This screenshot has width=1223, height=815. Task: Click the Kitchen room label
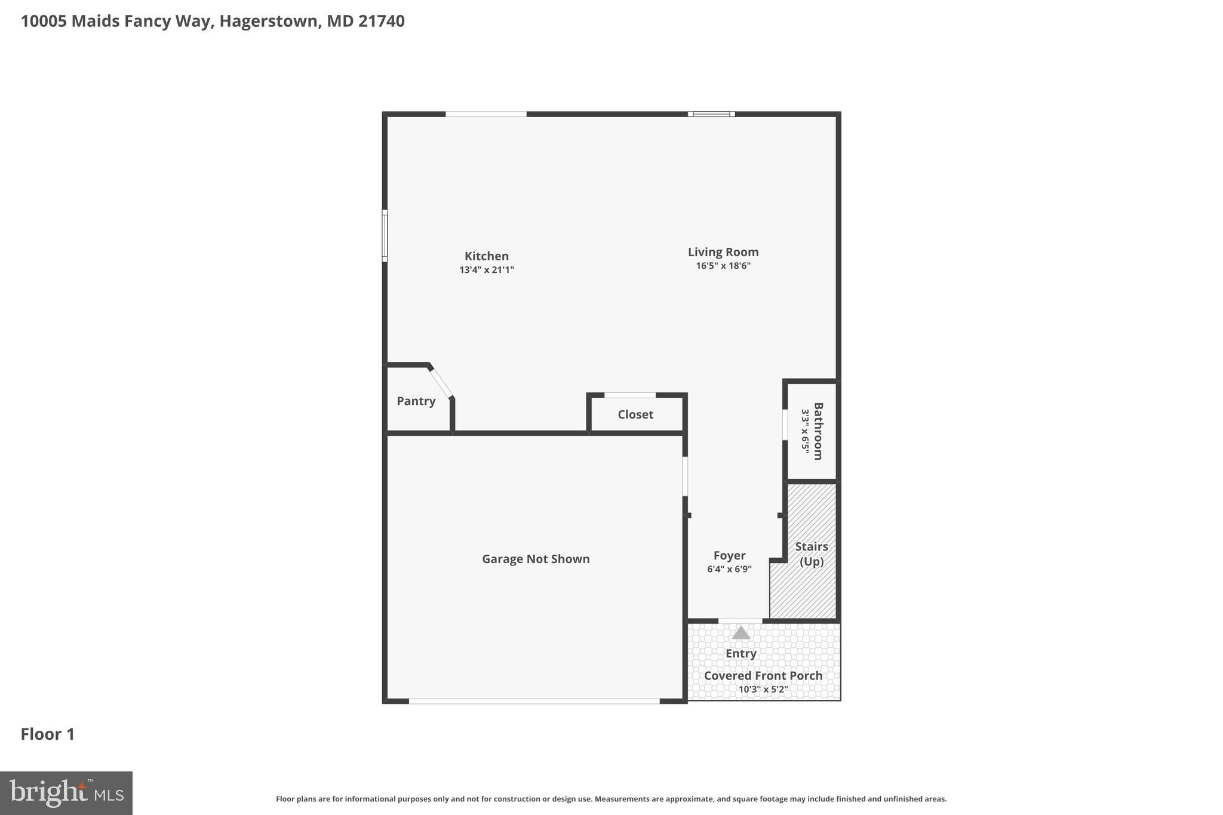486,256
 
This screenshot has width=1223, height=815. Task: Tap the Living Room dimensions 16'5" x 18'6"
723,266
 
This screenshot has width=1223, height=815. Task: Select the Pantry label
416,401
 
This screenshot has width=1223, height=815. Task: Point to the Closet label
635,414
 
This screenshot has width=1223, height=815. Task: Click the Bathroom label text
818,431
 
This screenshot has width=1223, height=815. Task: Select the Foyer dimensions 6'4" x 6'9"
729,570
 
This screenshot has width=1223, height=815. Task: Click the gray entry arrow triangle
740,633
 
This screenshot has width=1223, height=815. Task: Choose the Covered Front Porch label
763,675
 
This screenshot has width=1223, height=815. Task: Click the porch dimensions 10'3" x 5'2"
763,689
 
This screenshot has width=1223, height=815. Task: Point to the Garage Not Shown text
535,559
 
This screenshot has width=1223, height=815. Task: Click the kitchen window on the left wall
385,236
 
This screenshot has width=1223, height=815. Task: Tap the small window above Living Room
711,113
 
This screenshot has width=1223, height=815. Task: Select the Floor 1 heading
47,734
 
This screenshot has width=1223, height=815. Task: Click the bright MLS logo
66,793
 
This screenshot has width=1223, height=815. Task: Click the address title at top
213,21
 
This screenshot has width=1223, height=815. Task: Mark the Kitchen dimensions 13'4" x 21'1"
486,270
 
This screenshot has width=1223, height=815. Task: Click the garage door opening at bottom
534,701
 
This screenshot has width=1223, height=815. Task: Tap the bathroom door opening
785,425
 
